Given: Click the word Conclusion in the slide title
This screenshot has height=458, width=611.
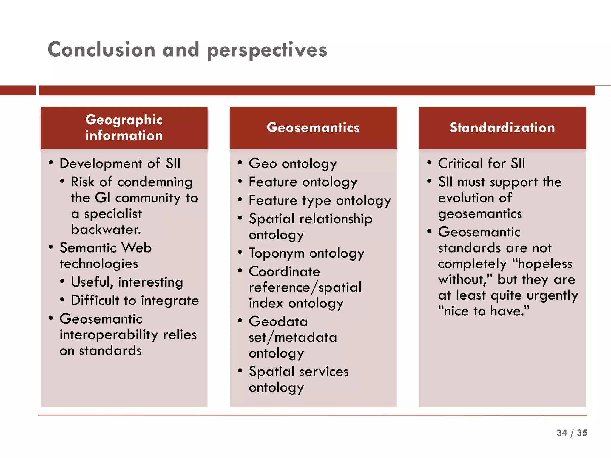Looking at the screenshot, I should pos(101,49).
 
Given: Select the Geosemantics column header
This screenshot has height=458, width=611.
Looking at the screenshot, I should pos(313,128).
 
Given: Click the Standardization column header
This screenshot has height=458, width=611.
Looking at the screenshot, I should pos(502,128).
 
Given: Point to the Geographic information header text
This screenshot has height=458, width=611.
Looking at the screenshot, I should pos(124,128).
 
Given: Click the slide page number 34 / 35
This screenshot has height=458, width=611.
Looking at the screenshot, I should pos(572,433).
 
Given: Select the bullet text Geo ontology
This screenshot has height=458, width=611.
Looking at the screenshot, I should pos(293,163).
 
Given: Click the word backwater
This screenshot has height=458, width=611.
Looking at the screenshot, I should pos(106,229).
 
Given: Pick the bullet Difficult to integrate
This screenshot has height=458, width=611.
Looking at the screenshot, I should pos(135,300).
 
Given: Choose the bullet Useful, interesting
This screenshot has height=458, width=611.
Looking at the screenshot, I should pos(127,282).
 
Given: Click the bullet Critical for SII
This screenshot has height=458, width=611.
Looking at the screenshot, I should pos(481,163).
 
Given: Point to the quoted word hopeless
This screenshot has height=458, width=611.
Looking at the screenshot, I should pos(545,264).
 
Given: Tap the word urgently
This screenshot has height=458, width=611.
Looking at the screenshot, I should pos(552,295).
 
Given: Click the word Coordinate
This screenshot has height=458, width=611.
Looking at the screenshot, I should pos(284,271).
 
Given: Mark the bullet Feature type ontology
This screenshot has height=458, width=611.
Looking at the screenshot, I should pos(320,200).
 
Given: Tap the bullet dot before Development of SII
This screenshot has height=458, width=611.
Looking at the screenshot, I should pos(51,163).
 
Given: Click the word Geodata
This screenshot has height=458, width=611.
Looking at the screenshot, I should pos(278,321).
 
